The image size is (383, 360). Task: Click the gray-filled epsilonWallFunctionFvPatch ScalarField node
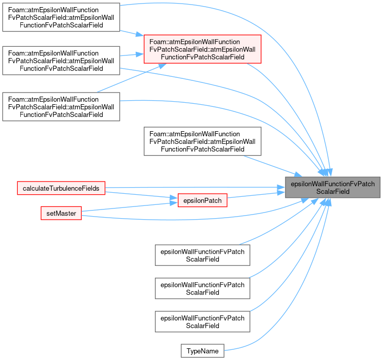pyautogui.click(x=333, y=187)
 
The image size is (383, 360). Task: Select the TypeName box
pyautogui.click(x=203, y=351)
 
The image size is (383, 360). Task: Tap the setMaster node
pyautogui.click(x=61, y=213)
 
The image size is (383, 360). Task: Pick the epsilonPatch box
pyautogui.click(x=203, y=200)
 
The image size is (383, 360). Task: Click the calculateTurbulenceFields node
pyautogui.click(x=61, y=188)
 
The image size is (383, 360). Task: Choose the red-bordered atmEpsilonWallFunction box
pyautogui.click(x=203, y=49)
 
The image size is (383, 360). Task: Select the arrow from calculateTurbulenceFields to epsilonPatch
pyautogui.click(x=141, y=195)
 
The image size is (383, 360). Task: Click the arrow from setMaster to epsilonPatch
pyautogui.click(x=130, y=207)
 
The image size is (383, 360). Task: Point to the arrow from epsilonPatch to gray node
pyautogui.click(x=256, y=195)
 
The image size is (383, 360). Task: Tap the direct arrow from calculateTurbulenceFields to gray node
pyautogui.click(x=196, y=188)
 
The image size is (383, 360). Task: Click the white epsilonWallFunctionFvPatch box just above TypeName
pyautogui.click(x=203, y=321)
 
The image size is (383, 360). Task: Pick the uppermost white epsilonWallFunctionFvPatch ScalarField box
pyautogui.click(x=203, y=255)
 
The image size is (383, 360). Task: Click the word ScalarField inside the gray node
pyautogui.click(x=333, y=191)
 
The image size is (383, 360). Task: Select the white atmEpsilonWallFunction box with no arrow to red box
pyautogui.click(x=203, y=141)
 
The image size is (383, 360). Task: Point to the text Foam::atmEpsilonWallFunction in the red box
pyautogui.click(x=195, y=42)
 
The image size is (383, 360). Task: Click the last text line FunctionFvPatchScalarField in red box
pyautogui.click(x=203, y=57)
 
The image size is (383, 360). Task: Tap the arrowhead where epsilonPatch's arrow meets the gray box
pyautogui.click(x=281, y=193)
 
